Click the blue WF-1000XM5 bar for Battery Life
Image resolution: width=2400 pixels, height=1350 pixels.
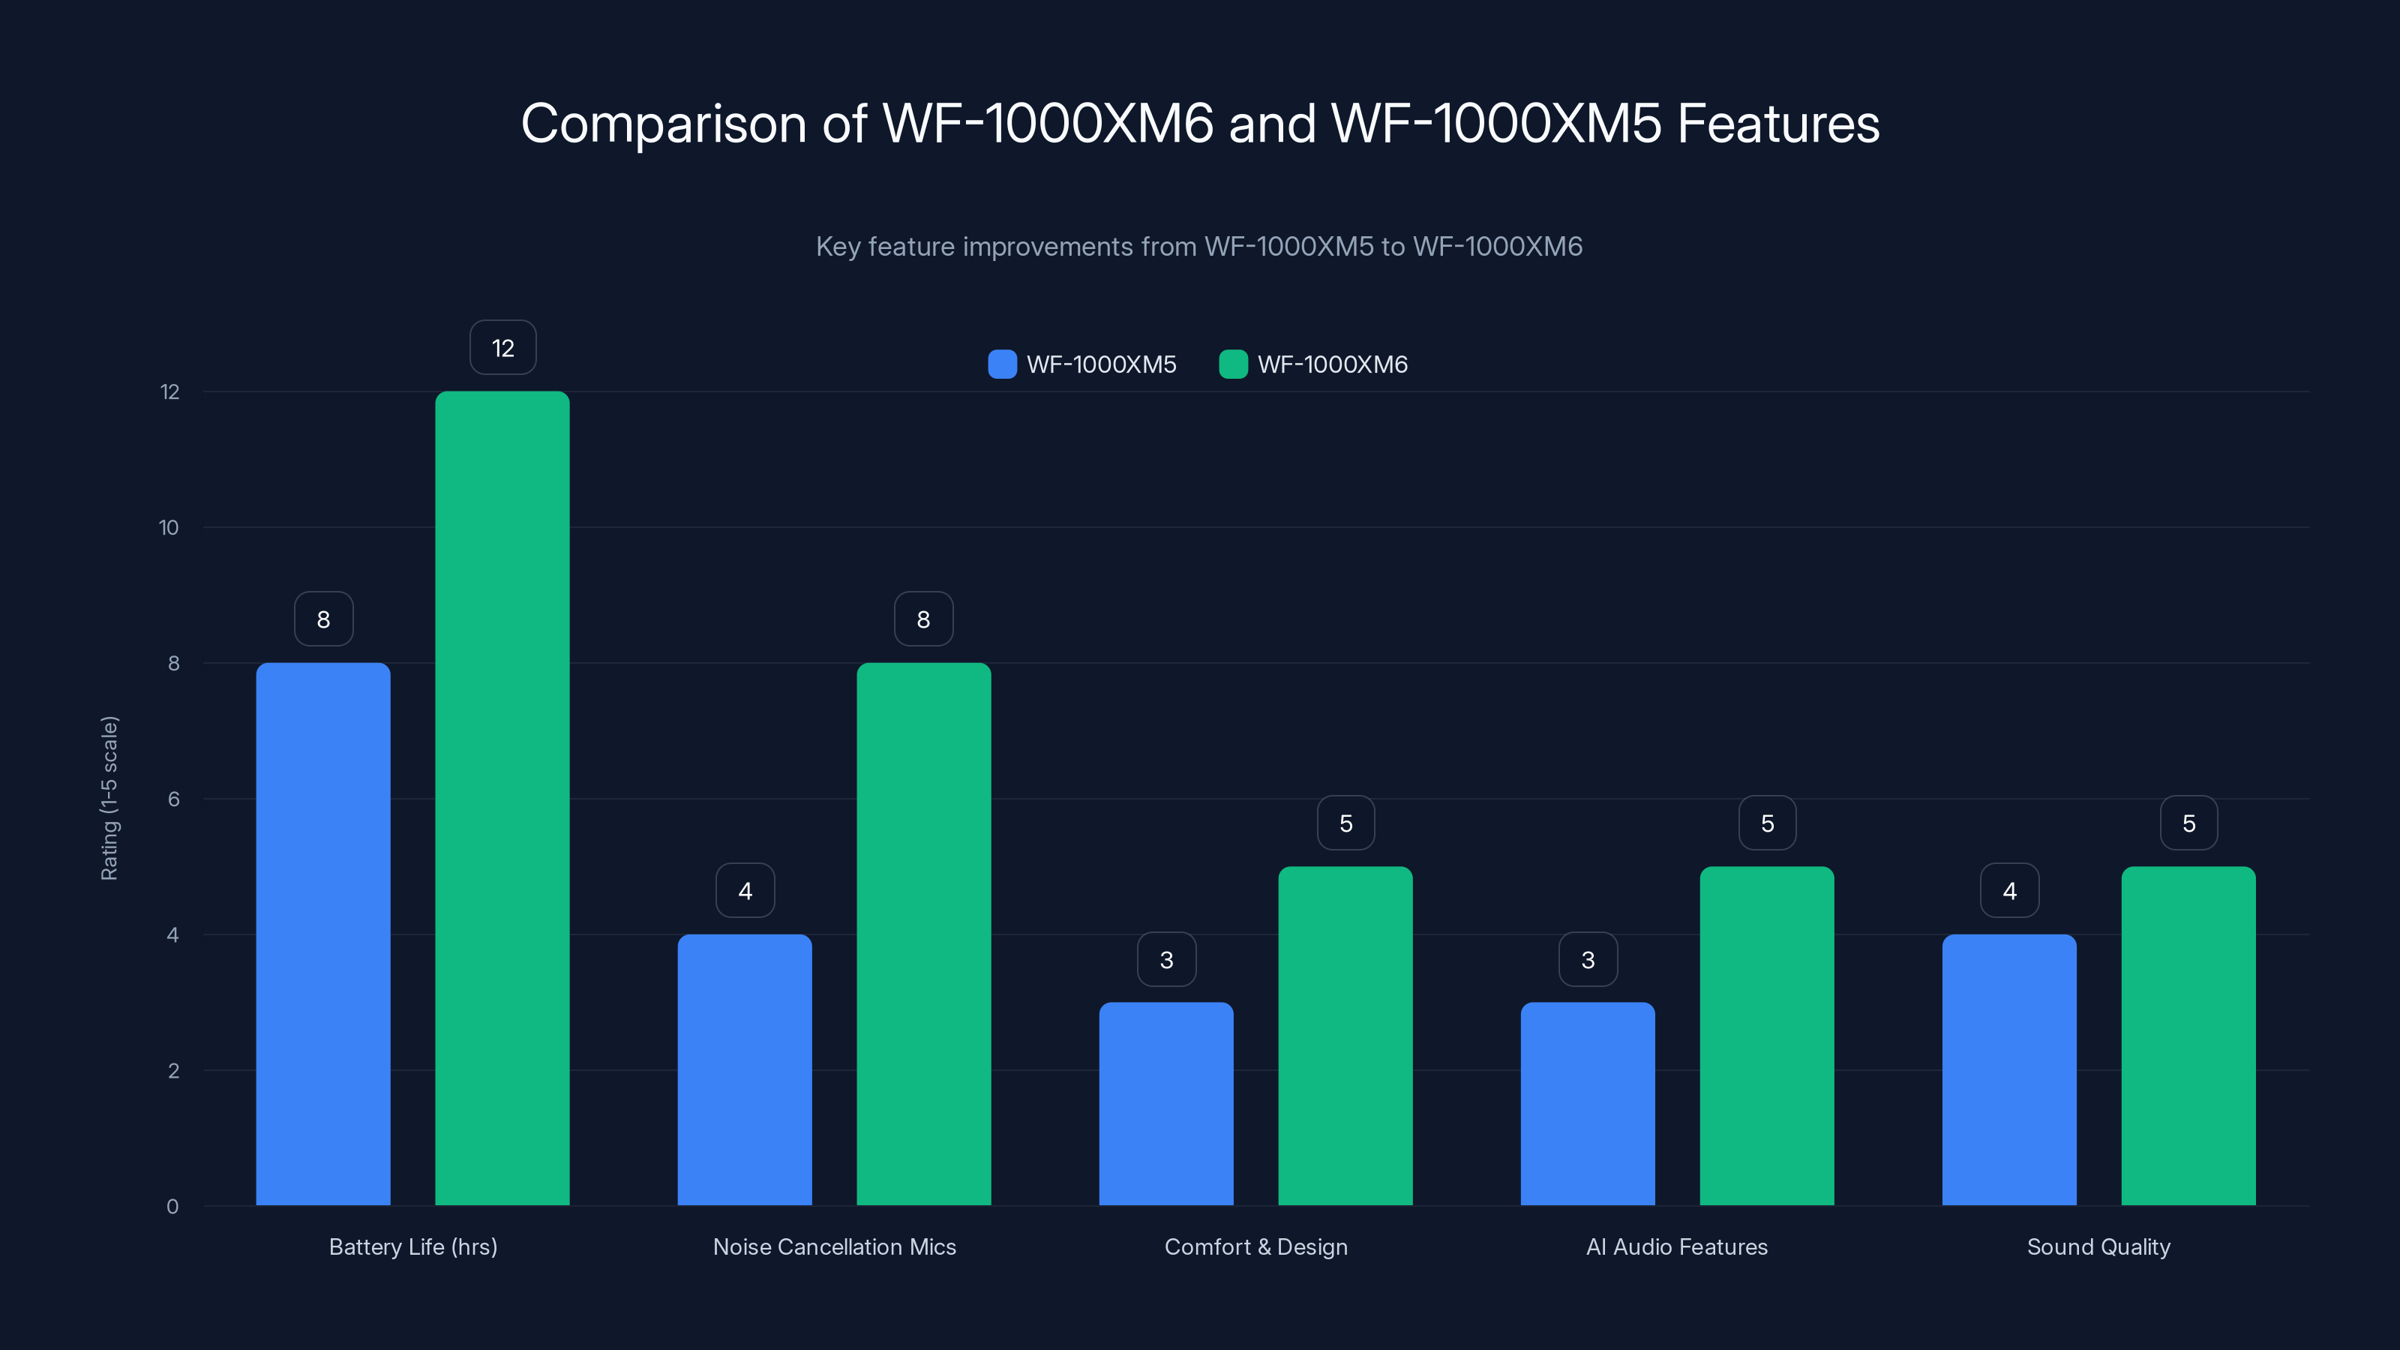pos(323,934)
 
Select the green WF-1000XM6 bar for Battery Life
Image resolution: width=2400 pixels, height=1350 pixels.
pos(502,799)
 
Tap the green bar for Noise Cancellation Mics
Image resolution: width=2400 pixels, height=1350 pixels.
pos(923,934)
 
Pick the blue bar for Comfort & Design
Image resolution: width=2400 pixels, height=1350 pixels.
pos(1165,1104)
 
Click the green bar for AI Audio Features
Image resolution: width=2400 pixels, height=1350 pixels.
pos(1766,1036)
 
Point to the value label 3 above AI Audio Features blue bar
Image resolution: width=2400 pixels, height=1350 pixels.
pos(1588,960)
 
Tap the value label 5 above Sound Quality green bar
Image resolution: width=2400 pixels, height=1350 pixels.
pos(2188,823)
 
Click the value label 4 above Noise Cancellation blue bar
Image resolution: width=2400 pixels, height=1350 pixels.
pos(745,892)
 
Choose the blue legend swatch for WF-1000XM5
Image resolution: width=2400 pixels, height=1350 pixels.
pos(1001,364)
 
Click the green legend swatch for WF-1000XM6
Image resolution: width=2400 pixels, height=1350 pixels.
pos(1232,364)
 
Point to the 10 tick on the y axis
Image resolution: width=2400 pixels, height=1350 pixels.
pos(169,528)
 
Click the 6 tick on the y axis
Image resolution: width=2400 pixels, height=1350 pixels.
pos(173,799)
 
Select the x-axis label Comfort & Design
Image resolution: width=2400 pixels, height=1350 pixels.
pos(1256,1246)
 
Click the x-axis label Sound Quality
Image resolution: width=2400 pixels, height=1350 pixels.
pos(2098,1246)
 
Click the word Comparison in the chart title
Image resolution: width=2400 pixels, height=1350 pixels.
pos(662,124)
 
